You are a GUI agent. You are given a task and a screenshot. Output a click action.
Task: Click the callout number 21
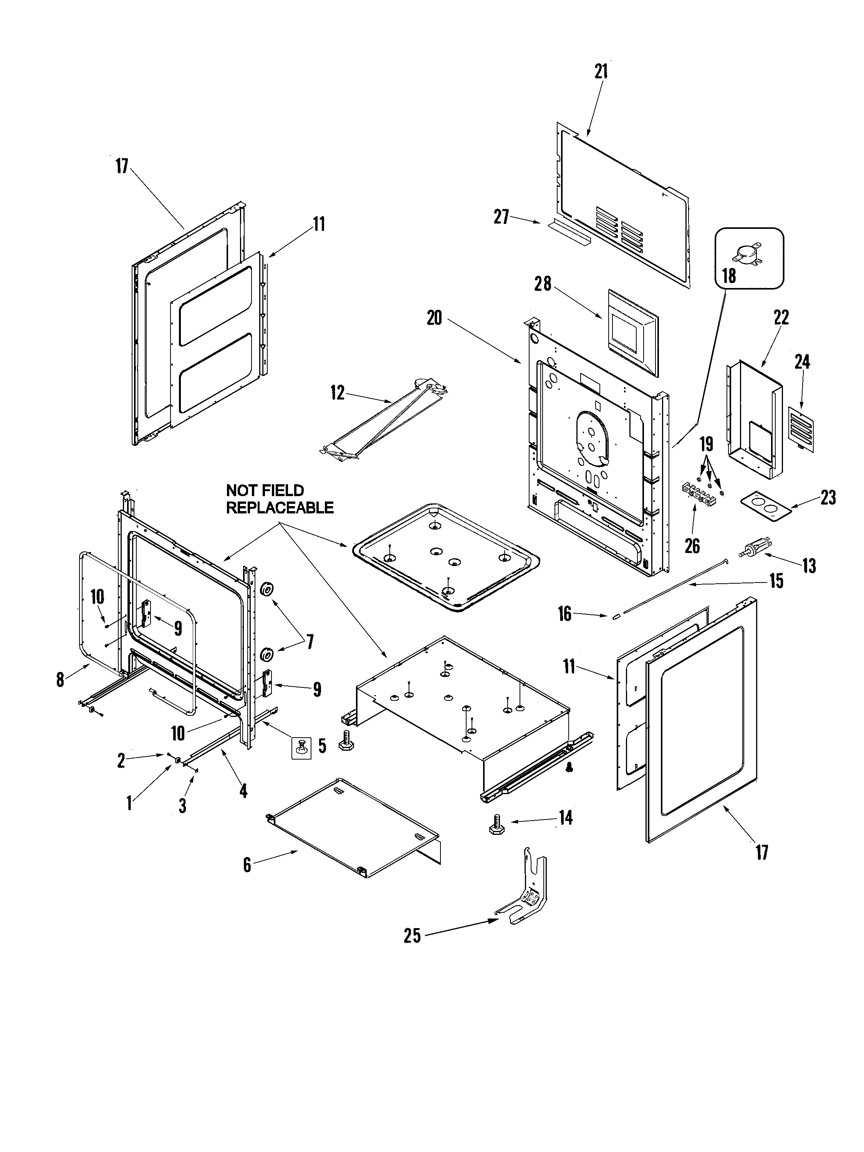[x=601, y=71]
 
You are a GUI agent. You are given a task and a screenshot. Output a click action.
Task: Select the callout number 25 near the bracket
[x=412, y=936]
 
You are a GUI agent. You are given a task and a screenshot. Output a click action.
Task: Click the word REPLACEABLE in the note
[x=280, y=508]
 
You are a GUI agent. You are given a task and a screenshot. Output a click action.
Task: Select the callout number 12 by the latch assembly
[x=338, y=393]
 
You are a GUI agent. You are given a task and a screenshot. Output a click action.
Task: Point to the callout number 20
[x=434, y=317]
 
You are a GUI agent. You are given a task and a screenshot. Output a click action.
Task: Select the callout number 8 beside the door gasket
[x=60, y=679]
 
